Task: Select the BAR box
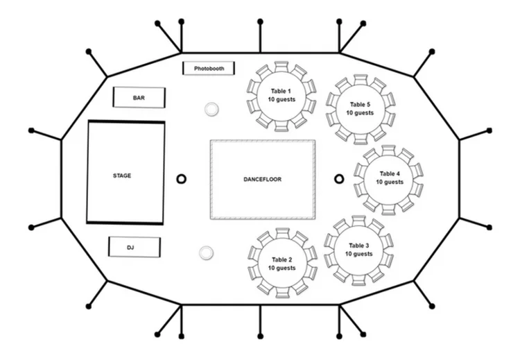coord(139,98)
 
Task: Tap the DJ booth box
coord(135,247)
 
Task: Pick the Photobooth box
coord(209,69)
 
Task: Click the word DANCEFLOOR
coord(262,180)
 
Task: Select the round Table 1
coord(281,96)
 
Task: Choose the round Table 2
coord(282,264)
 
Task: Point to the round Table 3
coord(358,250)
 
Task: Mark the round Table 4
coord(389,178)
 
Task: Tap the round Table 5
coord(360,108)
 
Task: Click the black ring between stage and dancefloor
coord(182,179)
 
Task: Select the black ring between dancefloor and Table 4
coord(339,179)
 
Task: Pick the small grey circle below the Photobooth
coord(211,109)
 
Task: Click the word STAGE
coord(122,175)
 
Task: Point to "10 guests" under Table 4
coord(390,182)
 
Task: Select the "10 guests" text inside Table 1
coord(281,100)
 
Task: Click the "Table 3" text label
coord(358,246)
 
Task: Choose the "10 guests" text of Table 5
coord(360,112)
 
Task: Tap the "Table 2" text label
coord(282,259)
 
